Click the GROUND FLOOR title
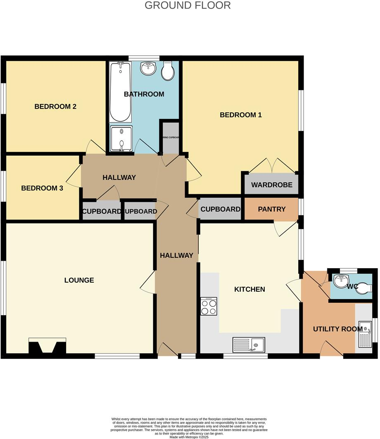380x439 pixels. (188, 5)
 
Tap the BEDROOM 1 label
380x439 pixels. (240, 115)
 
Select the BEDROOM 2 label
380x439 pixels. (55, 106)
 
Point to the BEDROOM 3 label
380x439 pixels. (42, 188)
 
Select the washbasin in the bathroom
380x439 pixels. (148, 68)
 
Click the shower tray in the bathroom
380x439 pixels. (121, 139)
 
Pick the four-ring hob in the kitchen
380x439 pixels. (209, 306)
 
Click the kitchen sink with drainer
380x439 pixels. (249, 343)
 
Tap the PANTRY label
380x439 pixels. (271, 209)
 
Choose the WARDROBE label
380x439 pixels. (271, 185)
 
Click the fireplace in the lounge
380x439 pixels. (47, 346)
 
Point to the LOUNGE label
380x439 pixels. (79, 280)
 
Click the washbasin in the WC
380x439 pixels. (342, 281)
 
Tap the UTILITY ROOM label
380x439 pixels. (337, 329)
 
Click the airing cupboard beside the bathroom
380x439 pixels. (170, 137)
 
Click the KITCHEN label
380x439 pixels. (249, 289)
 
